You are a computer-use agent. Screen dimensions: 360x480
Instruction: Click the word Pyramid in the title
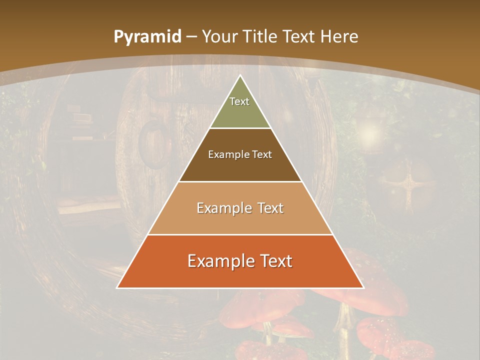pos(147,37)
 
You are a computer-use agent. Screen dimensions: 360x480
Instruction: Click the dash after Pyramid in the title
pos(191,37)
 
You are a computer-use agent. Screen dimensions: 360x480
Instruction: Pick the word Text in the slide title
pos(298,37)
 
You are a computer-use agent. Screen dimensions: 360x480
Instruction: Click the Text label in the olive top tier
pos(239,101)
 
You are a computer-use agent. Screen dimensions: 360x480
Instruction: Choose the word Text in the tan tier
pos(267,208)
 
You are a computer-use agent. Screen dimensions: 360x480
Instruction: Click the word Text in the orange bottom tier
pos(272,261)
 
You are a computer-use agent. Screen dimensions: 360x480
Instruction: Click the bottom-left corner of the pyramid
pos(117,287)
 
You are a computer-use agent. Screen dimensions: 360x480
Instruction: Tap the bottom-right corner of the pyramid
pos(363,287)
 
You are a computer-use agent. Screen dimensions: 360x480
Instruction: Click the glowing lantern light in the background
pos(369,132)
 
